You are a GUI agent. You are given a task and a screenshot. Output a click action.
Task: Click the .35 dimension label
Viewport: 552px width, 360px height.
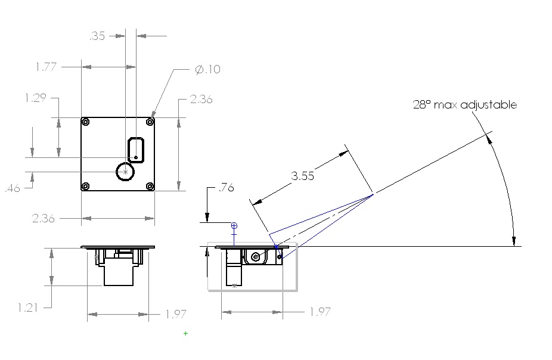click(x=97, y=36)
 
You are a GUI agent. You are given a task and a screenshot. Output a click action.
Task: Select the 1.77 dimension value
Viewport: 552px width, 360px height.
click(x=46, y=67)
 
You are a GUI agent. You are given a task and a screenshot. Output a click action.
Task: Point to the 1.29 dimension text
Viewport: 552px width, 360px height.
click(x=36, y=98)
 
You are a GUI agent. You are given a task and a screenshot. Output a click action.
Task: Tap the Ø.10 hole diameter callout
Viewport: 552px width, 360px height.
click(x=207, y=69)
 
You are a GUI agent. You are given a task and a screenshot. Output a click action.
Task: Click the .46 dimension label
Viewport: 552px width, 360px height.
click(x=13, y=188)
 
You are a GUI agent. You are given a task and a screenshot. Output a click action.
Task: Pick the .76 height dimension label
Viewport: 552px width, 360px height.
click(x=227, y=188)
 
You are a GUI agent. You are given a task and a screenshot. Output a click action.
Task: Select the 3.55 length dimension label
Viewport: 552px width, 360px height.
click(x=302, y=176)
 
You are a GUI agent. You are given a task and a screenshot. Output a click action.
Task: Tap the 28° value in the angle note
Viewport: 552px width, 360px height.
click(x=421, y=104)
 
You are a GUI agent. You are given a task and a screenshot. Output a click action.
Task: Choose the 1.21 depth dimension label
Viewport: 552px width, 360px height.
click(x=28, y=308)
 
